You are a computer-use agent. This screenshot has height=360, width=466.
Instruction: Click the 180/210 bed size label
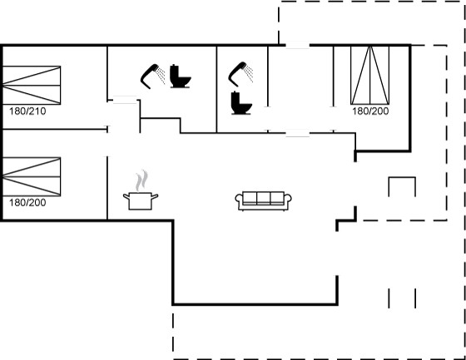[x=27, y=111]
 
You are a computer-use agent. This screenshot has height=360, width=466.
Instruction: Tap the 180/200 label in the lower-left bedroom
[x=27, y=203]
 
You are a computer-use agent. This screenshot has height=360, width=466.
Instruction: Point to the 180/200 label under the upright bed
[x=370, y=111]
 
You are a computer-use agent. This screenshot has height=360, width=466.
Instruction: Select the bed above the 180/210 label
[x=32, y=86]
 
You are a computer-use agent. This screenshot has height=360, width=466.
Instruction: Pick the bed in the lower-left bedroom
[x=32, y=177]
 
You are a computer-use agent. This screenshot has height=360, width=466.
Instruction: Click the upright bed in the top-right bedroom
[x=370, y=75]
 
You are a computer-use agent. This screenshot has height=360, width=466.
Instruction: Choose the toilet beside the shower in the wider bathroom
[x=180, y=76]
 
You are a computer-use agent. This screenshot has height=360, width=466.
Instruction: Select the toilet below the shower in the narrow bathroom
[x=241, y=103]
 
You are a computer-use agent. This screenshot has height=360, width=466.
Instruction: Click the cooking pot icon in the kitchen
[x=141, y=201]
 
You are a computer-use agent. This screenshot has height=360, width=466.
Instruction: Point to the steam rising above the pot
[x=141, y=180]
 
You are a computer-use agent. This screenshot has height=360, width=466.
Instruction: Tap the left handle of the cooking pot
[x=126, y=196]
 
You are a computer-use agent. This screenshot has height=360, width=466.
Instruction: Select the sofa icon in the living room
[x=263, y=201]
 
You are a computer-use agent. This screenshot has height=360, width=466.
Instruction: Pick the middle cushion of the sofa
[x=263, y=198]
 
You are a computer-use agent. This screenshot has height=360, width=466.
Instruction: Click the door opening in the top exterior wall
[x=298, y=45]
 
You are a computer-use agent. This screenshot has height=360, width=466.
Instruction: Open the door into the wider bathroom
[x=125, y=100]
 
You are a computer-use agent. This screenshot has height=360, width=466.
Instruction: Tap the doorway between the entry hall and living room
[x=298, y=133]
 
